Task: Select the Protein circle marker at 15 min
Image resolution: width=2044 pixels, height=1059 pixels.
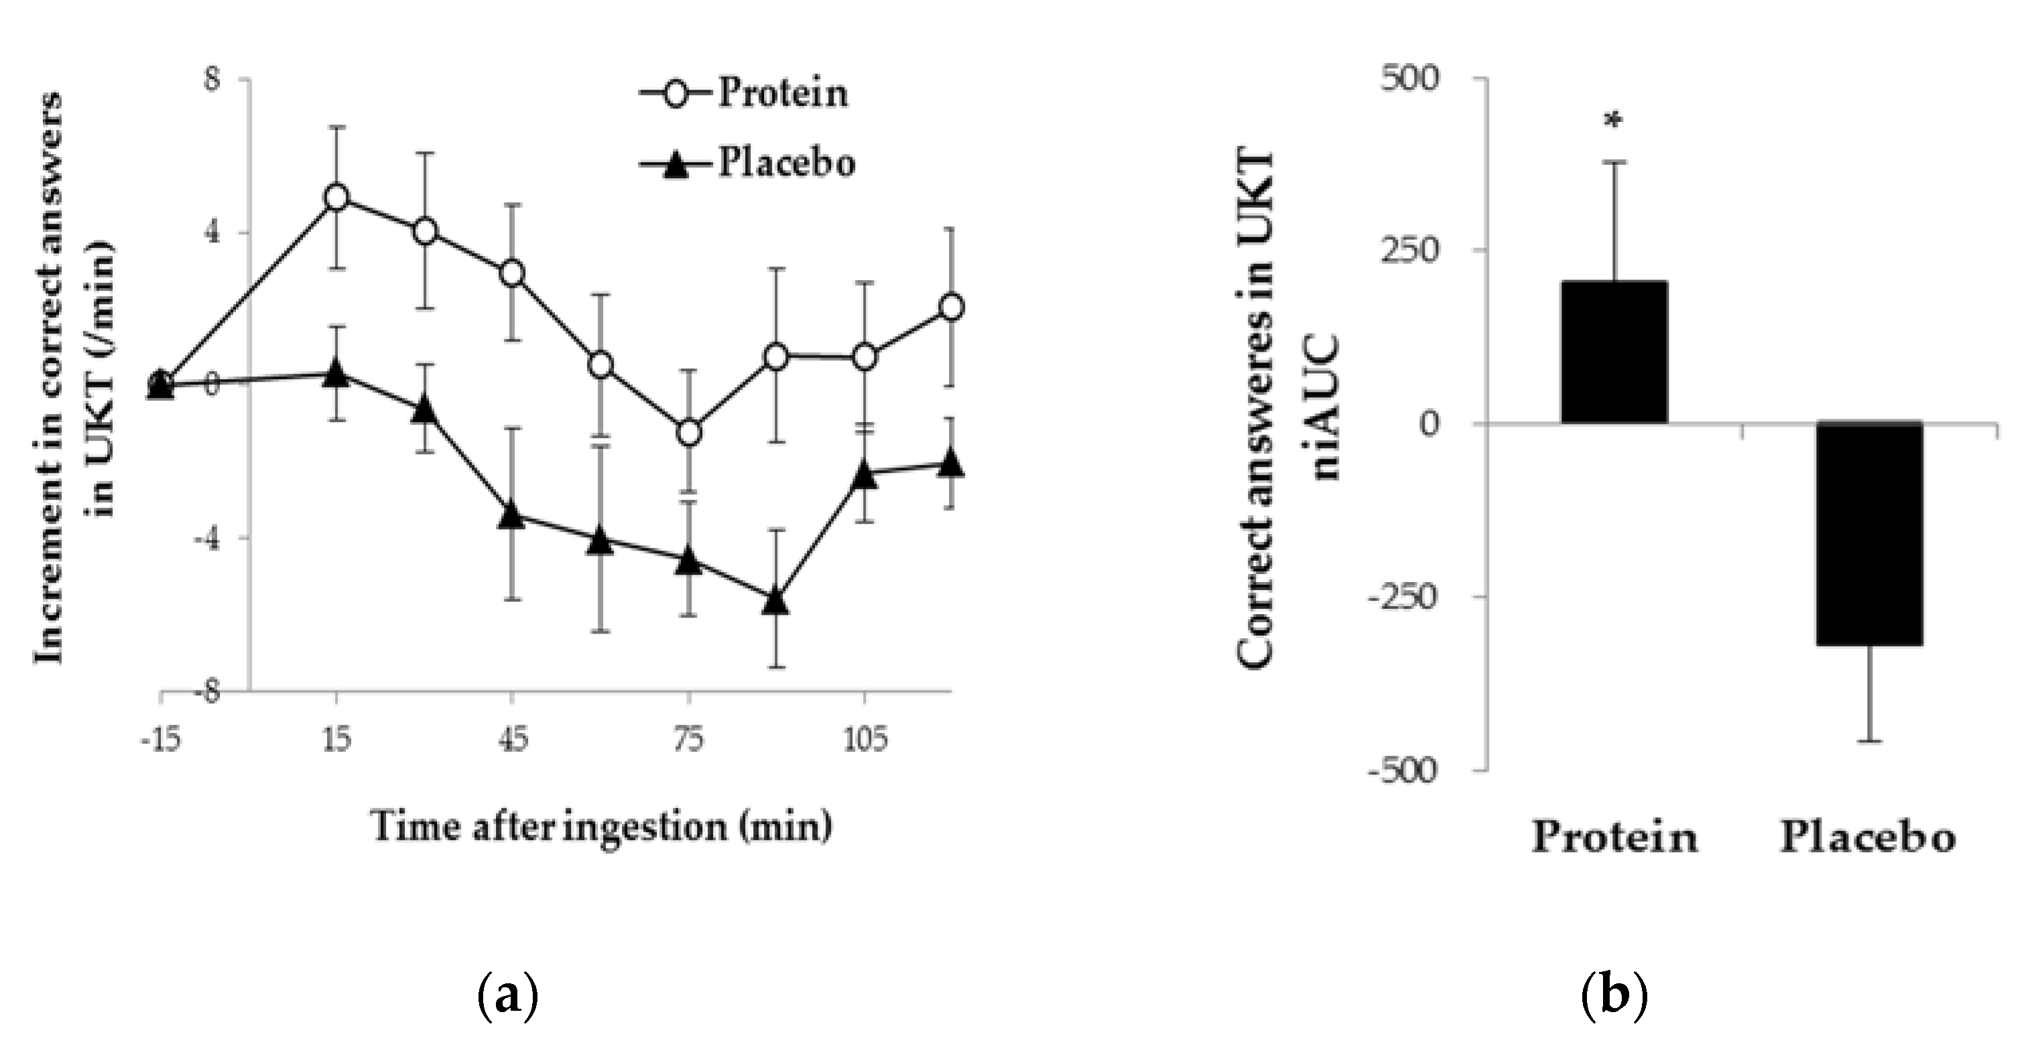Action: (336, 197)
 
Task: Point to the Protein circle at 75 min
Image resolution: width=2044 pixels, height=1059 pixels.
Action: (689, 432)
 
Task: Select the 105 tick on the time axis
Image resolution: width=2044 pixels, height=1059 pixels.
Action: (863, 740)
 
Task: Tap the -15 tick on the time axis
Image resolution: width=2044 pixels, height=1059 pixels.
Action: (160, 740)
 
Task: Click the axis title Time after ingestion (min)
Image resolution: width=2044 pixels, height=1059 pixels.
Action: (601, 827)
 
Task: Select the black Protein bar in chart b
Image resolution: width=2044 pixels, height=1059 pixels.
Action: (1614, 352)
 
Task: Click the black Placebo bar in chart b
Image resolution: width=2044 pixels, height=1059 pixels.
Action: (1870, 533)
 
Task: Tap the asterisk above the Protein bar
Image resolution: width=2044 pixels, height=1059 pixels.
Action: (1613, 121)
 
